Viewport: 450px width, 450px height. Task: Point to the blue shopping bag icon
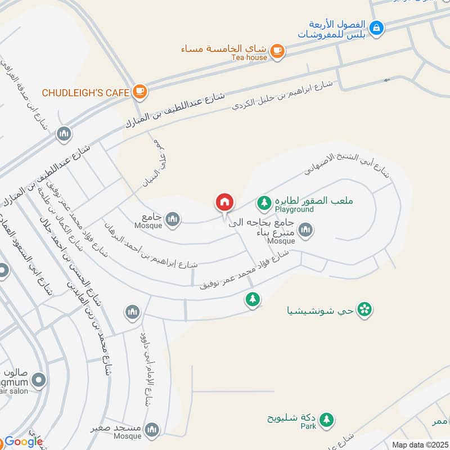[x=377, y=26]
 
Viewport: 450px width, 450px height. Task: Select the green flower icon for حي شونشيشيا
[x=365, y=309]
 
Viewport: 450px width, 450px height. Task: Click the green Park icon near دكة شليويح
[x=326, y=420]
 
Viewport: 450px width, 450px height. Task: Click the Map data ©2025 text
[x=420, y=444]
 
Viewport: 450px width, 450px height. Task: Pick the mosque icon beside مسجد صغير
[x=151, y=431]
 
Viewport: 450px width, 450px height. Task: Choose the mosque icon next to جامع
[x=172, y=218]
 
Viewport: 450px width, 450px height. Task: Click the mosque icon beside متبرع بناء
[x=305, y=229]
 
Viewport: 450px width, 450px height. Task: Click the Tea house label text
[x=249, y=57]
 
